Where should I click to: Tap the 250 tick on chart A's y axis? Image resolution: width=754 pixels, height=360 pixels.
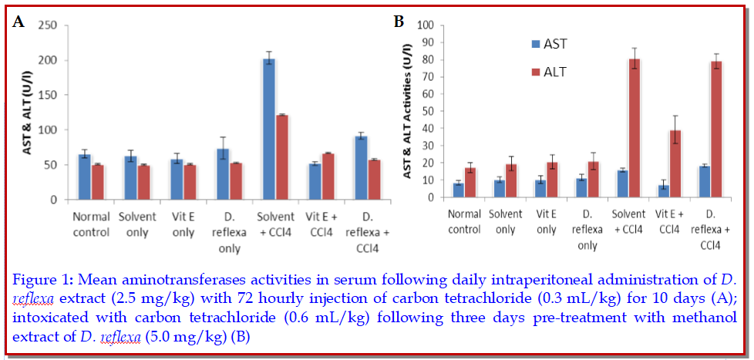tap(49, 25)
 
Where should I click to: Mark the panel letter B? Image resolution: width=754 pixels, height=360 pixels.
tap(399, 21)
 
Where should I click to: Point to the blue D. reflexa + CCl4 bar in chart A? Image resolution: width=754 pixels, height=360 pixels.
tap(358, 168)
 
